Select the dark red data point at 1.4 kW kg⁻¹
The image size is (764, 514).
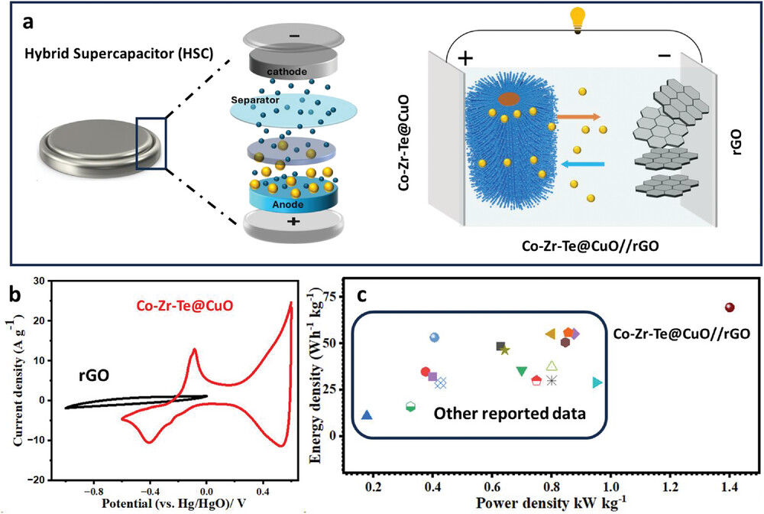coord(730,307)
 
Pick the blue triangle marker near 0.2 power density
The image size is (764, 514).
coord(367,415)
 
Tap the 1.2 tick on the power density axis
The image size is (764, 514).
coord(670,486)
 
